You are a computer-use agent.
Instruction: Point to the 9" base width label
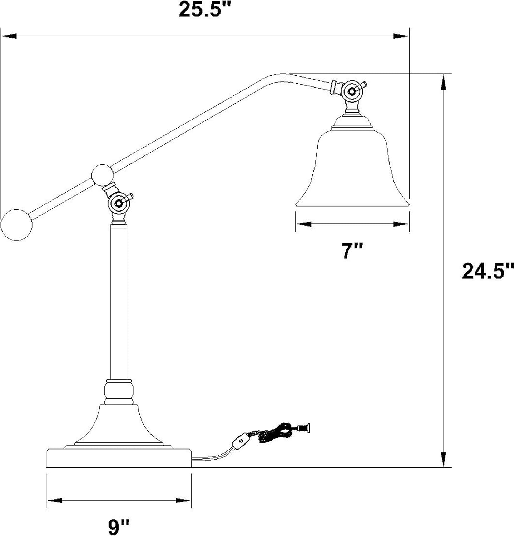point(118,527)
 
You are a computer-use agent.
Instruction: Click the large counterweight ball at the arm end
point(16,225)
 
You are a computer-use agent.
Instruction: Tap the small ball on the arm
point(103,175)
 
